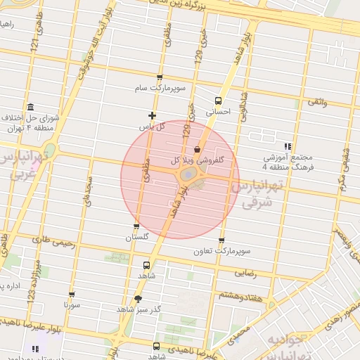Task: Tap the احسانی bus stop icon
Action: click(x=218, y=101)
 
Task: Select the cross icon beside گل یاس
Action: click(x=152, y=115)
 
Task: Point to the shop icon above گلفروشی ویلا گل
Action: click(x=196, y=149)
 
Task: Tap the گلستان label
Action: click(x=136, y=238)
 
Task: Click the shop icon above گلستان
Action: click(x=136, y=226)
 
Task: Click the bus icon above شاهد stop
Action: click(x=146, y=265)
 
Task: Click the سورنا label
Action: click(x=70, y=305)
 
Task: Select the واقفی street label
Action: click(x=316, y=103)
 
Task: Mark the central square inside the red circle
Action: click(x=189, y=174)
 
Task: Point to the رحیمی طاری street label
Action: click(x=48, y=240)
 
